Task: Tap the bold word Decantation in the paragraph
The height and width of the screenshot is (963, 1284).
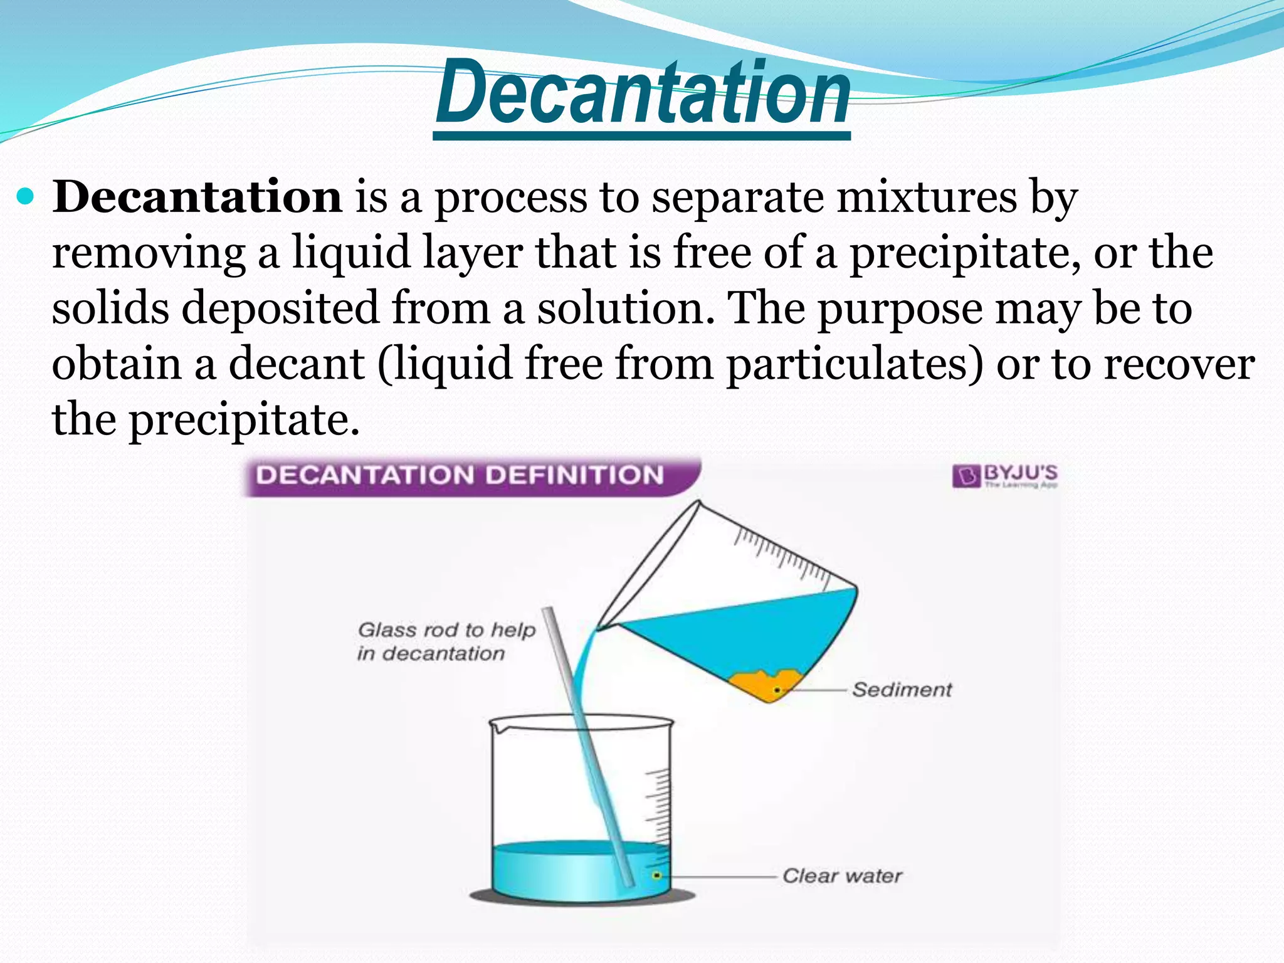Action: pos(197,197)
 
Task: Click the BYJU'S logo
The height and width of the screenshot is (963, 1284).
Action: pos(1004,475)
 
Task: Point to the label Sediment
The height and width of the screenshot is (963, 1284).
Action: pos(902,690)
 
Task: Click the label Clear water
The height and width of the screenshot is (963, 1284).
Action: pos(842,875)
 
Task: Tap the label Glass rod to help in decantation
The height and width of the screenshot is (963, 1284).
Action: pos(445,641)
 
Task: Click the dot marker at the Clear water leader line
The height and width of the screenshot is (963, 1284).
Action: pos(656,875)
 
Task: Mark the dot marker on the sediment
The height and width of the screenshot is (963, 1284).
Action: pos(777,690)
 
